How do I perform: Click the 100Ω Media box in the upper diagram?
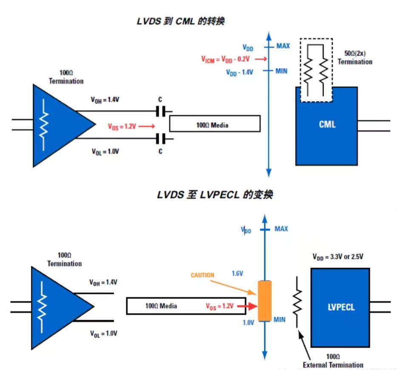214,124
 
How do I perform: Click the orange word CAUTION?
202,275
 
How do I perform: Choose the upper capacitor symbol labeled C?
161,112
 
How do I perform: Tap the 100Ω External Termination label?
333,361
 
